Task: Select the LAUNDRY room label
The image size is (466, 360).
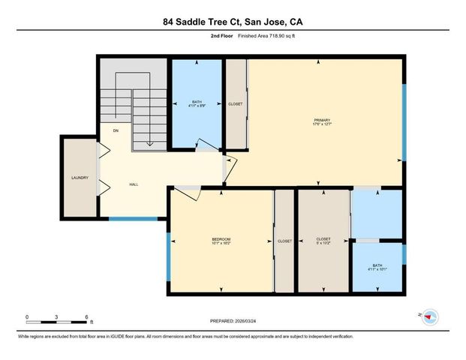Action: tap(80, 178)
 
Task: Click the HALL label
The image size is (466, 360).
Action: tap(134, 184)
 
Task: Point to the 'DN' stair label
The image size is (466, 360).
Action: tap(116, 130)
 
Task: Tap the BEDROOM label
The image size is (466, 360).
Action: tap(220, 241)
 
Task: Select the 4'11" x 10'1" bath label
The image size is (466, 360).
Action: tap(377, 271)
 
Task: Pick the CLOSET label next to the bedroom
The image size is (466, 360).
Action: tap(284, 241)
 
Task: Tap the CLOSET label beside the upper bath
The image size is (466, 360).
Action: tap(235, 104)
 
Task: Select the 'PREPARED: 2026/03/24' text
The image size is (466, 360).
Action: tap(233, 321)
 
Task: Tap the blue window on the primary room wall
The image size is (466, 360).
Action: tap(402, 122)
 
